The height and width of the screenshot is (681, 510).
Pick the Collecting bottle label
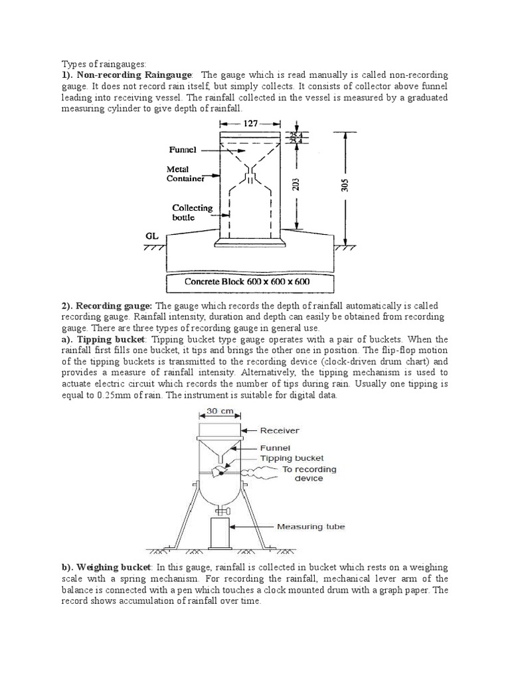pos(192,212)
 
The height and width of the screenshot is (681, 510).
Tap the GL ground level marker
pos(153,235)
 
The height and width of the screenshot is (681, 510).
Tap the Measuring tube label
pos(311,528)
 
